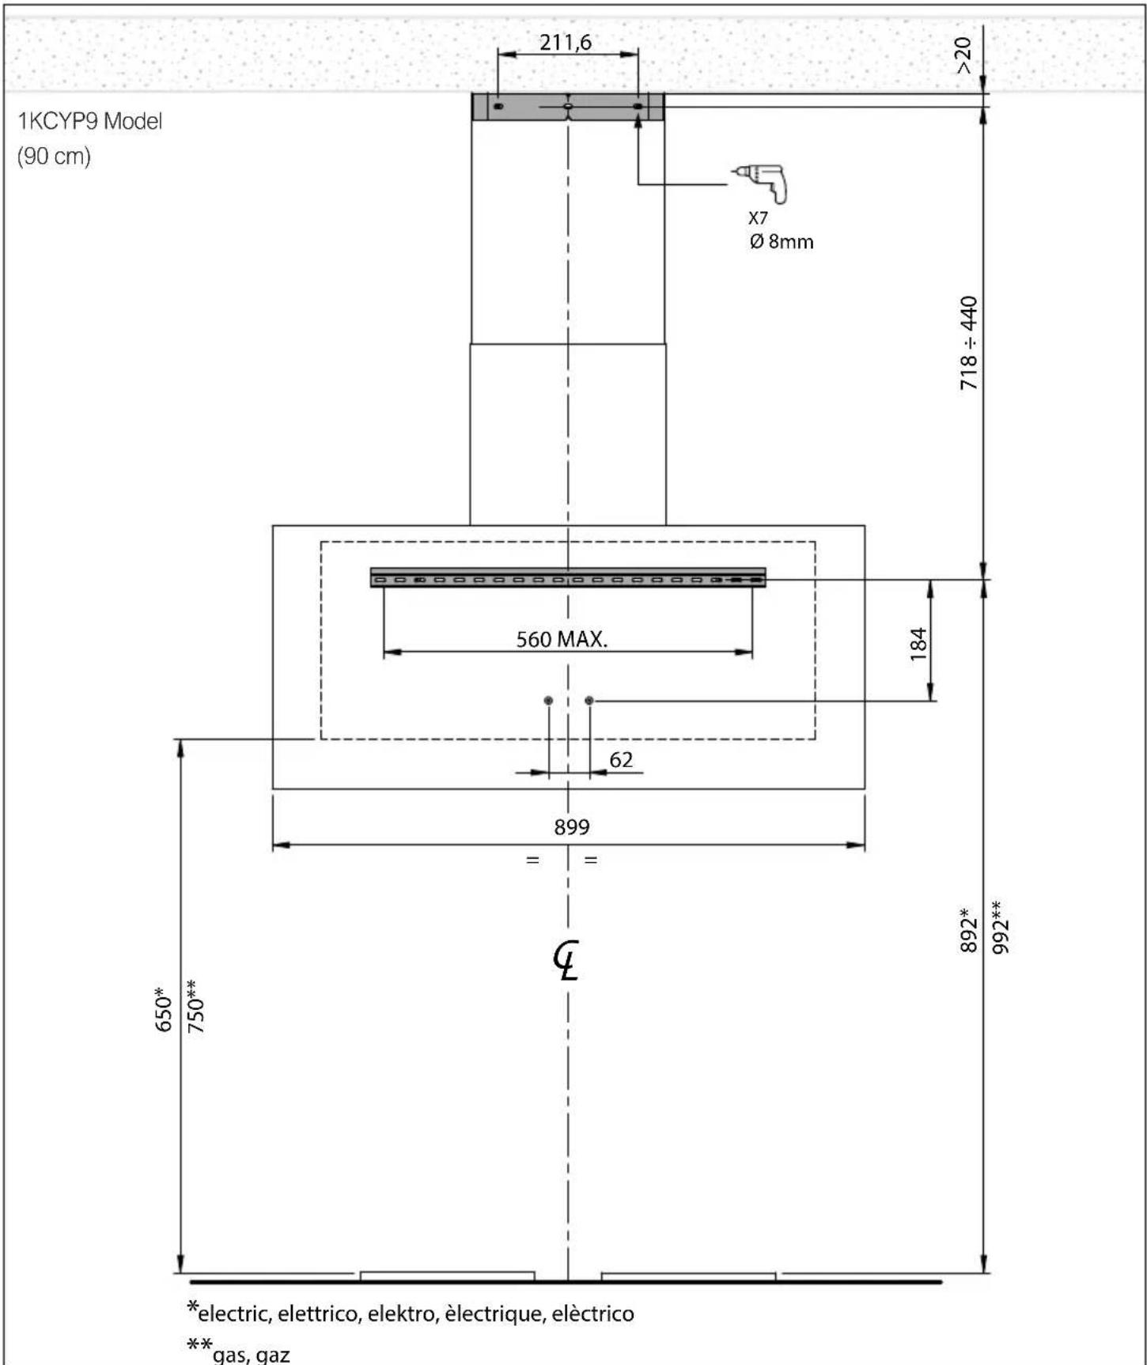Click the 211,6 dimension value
point(566,42)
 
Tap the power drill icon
point(761,183)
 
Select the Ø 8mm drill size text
point(782,241)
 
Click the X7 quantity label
point(758,217)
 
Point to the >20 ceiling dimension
point(963,55)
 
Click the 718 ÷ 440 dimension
point(969,342)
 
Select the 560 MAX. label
point(562,639)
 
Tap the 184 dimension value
point(918,644)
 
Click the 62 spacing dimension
point(621,759)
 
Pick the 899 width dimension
point(571,826)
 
